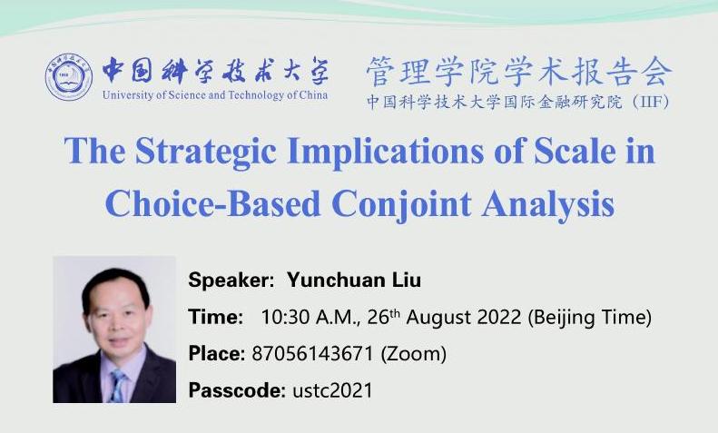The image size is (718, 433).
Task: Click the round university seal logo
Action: pyautogui.click(x=69, y=76)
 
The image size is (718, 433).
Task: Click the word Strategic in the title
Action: pyautogui.click(x=206, y=152)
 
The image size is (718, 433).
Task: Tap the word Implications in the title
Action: pyautogui.click(x=386, y=152)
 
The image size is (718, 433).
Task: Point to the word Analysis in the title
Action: pyautogui.click(x=547, y=204)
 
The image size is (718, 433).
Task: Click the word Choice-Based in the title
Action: pyautogui.click(x=213, y=203)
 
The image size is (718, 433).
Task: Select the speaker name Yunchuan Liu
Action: pyautogui.click(x=354, y=280)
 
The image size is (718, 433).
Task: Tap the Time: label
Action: pyautogui.click(x=216, y=317)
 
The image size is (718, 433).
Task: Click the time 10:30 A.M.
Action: pyautogui.click(x=310, y=317)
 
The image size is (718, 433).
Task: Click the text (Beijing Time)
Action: pyautogui.click(x=590, y=318)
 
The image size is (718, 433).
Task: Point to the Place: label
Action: pyautogui.click(x=217, y=353)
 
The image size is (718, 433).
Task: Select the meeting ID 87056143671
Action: pyautogui.click(x=313, y=353)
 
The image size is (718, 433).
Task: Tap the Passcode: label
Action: pyautogui.click(x=237, y=390)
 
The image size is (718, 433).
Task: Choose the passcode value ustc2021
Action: pyautogui.click(x=332, y=390)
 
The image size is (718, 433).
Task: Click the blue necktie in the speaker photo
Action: pyautogui.click(x=118, y=386)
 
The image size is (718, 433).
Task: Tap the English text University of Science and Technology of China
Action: pyautogui.click(x=215, y=95)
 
